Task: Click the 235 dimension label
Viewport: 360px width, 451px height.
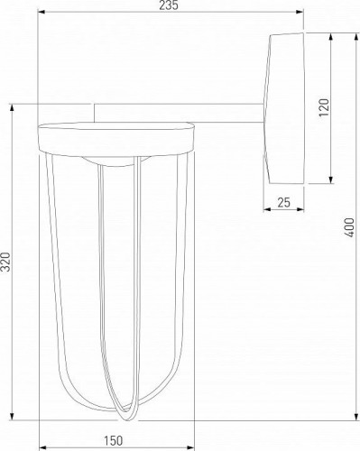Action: tap(169, 5)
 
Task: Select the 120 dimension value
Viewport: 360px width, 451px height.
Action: tap(324, 107)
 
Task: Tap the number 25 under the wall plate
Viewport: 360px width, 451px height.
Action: tap(284, 203)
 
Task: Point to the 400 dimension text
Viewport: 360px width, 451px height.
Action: tap(349, 227)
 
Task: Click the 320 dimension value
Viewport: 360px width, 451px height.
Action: tap(6, 262)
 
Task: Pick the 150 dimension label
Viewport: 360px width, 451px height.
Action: tap(114, 441)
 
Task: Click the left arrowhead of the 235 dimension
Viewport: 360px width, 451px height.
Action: tap(42, 12)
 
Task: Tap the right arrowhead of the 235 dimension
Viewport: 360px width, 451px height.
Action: tap(300, 12)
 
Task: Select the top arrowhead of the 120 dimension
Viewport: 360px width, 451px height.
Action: tap(331, 37)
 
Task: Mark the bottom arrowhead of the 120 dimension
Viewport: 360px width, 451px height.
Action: tap(331, 179)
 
